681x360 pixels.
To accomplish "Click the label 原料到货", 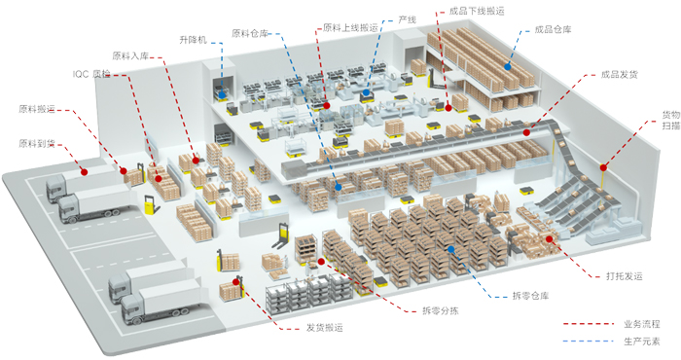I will (x=38, y=144).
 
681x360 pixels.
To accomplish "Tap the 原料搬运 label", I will (x=38, y=108).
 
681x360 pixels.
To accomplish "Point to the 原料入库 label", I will (x=131, y=55).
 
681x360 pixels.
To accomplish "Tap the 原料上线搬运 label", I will (x=348, y=28).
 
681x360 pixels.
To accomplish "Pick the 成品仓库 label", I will (x=553, y=29).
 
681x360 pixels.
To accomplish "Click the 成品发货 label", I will (x=619, y=74).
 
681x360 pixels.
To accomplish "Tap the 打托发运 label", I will (x=624, y=276).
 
